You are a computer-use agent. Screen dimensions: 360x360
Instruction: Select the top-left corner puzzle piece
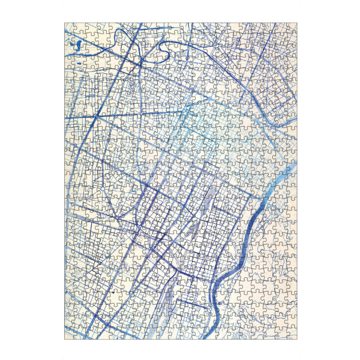pyautogui.click(x=69, y=28)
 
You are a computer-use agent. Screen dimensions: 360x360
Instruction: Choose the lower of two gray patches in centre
pyautogui.click(x=193, y=228)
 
